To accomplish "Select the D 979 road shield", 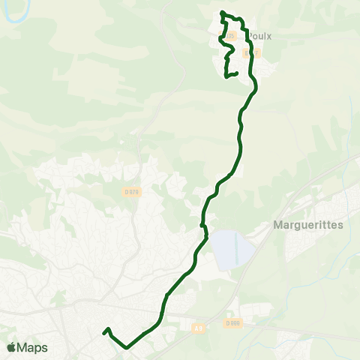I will [x=132, y=192].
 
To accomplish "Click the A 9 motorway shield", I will [x=198, y=327].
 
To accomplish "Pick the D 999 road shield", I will [x=233, y=322].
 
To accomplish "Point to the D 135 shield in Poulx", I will [x=229, y=36].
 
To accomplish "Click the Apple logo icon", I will [x=12, y=347].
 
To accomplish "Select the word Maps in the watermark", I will [x=33, y=347].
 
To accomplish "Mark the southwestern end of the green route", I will [x=103, y=331].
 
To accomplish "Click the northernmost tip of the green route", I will [x=222, y=12].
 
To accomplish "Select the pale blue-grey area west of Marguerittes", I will [x=229, y=250].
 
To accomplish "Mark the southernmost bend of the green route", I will [x=127, y=347].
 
